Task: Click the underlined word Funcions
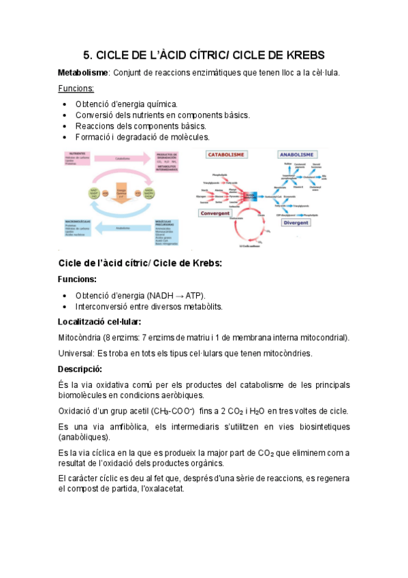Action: [x=76, y=89]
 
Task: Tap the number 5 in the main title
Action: [x=87, y=55]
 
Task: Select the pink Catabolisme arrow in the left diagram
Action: [x=123, y=159]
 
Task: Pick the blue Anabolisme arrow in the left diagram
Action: [x=123, y=228]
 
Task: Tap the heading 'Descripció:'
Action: [x=80, y=369]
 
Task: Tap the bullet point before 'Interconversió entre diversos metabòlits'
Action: [x=64, y=307]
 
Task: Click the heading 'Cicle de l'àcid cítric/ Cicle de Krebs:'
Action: [x=140, y=263]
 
